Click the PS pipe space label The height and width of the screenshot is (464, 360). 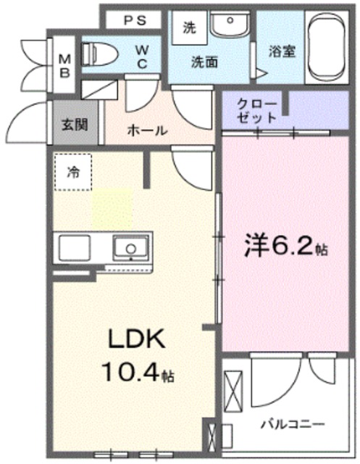coord(135,20)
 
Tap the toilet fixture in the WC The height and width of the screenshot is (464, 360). coord(99,54)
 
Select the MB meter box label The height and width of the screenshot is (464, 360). coord(64,66)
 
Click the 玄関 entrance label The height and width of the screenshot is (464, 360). coord(75,125)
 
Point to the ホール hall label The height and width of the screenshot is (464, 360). coord(147,130)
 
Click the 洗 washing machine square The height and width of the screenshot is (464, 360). coord(190,28)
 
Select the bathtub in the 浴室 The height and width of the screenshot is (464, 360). coord(327,46)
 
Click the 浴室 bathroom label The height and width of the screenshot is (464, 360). coord(282,51)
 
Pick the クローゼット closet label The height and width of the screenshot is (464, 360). coord(256,111)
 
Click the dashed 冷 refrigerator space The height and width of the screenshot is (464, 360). coord(73,172)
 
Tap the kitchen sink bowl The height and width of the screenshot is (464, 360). coord(131,248)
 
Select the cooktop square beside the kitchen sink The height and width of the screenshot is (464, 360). coord(75,248)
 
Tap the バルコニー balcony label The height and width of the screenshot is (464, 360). coord(293,424)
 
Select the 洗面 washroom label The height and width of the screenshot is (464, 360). coord(204,62)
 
